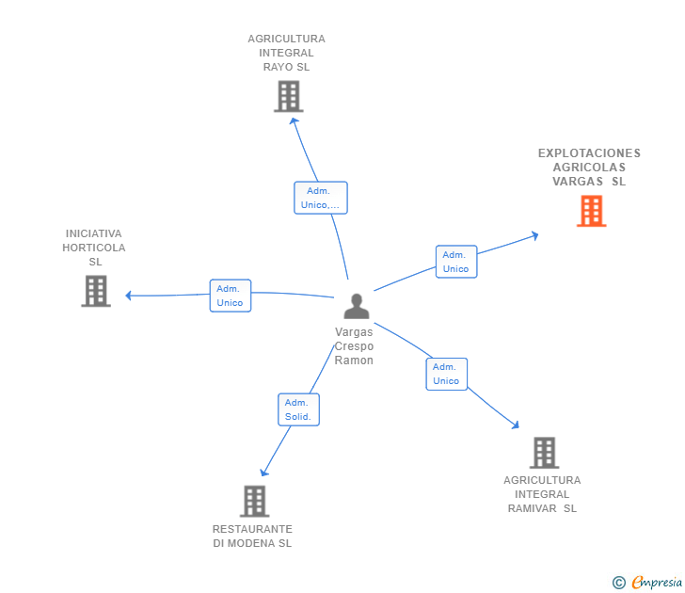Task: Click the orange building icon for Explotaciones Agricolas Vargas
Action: click(591, 211)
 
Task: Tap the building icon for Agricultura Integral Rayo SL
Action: click(288, 96)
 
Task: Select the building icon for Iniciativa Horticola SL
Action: click(96, 291)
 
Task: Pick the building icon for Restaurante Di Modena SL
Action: click(254, 501)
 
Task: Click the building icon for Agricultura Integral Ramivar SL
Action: click(544, 453)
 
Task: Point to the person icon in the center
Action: click(356, 306)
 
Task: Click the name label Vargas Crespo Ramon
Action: click(354, 346)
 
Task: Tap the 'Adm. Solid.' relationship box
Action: click(298, 409)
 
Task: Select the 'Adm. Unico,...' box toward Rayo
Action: click(320, 198)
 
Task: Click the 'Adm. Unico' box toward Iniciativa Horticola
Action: click(230, 296)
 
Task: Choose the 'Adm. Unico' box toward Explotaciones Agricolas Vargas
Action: click(455, 262)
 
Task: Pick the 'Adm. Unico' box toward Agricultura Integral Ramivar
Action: click(446, 374)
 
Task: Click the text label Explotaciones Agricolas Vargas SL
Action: click(589, 168)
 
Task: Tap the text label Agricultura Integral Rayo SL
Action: click(286, 53)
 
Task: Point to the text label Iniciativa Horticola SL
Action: click(94, 247)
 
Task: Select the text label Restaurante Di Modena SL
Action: click(252, 537)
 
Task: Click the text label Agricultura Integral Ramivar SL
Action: click(542, 494)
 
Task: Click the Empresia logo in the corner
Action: click(657, 583)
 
